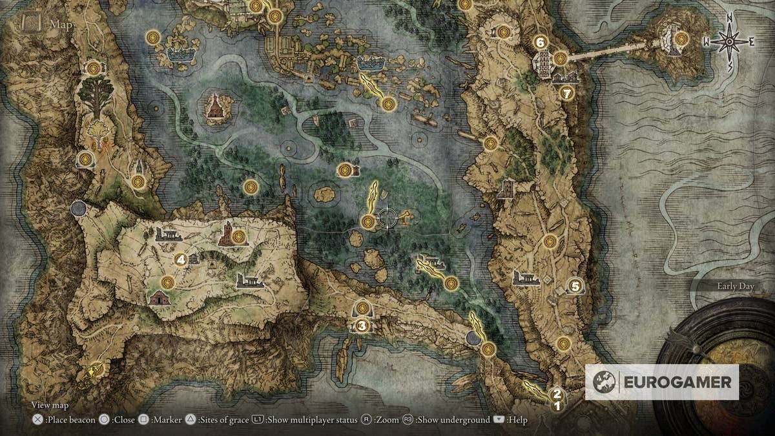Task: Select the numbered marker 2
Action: coord(557,393)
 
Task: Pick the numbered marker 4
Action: coord(181,260)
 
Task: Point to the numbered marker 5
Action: coord(575,285)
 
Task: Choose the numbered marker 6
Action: coord(541,42)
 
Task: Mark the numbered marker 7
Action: coord(567,93)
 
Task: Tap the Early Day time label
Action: coord(736,286)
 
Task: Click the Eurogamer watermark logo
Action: coord(662,382)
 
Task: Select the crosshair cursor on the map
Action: coord(387,218)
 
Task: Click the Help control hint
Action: coord(510,420)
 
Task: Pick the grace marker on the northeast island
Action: coord(680,39)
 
